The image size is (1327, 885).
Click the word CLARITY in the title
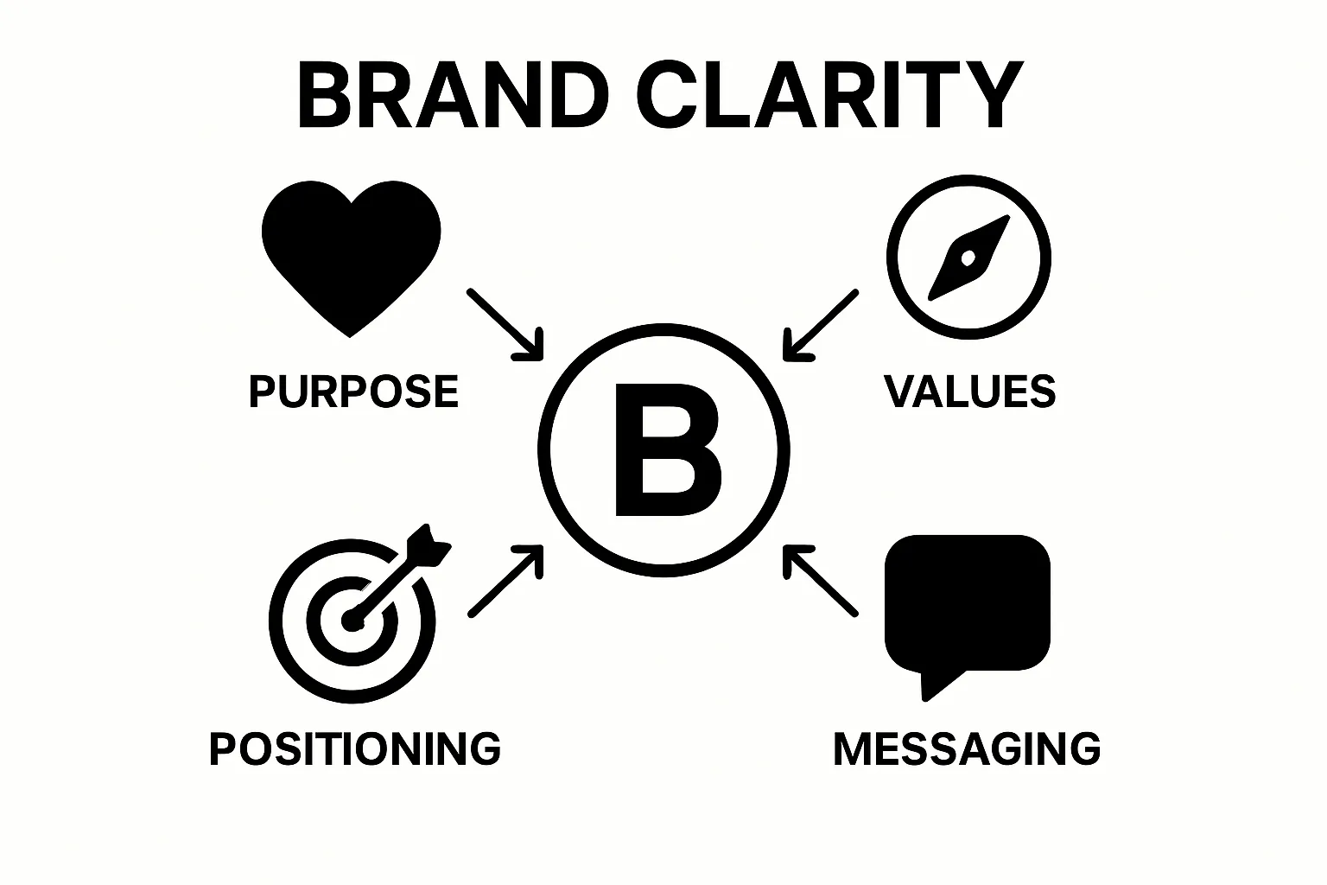point(829,95)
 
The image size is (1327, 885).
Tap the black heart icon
point(351,251)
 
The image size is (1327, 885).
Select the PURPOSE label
point(353,392)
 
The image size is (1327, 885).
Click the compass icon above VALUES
point(968,257)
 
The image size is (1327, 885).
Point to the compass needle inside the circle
point(968,257)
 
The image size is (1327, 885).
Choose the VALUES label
point(969,392)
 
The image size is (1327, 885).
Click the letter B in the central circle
point(665,449)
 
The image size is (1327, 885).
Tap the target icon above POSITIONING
point(352,621)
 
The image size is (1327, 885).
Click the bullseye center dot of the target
point(350,621)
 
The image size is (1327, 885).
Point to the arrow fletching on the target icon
point(429,544)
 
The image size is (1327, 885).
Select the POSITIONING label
point(355,748)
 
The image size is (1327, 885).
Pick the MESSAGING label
point(967,748)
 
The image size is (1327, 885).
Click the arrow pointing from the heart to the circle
point(506,323)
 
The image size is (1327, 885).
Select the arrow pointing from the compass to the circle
point(820,325)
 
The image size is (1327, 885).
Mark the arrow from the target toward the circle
point(506,580)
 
